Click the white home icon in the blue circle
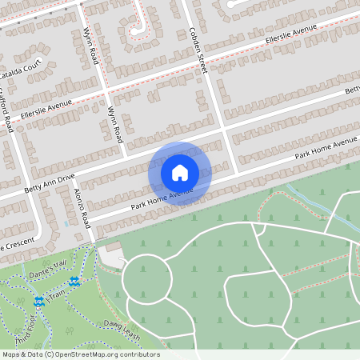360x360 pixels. pyautogui.click(x=180, y=172)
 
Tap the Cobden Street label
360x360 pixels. pyautogui.click(x=198, y=50)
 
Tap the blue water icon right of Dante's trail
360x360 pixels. pyautogui.click(x=74, y=282)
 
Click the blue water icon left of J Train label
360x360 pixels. pyautogui.click(x=38, y=302)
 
